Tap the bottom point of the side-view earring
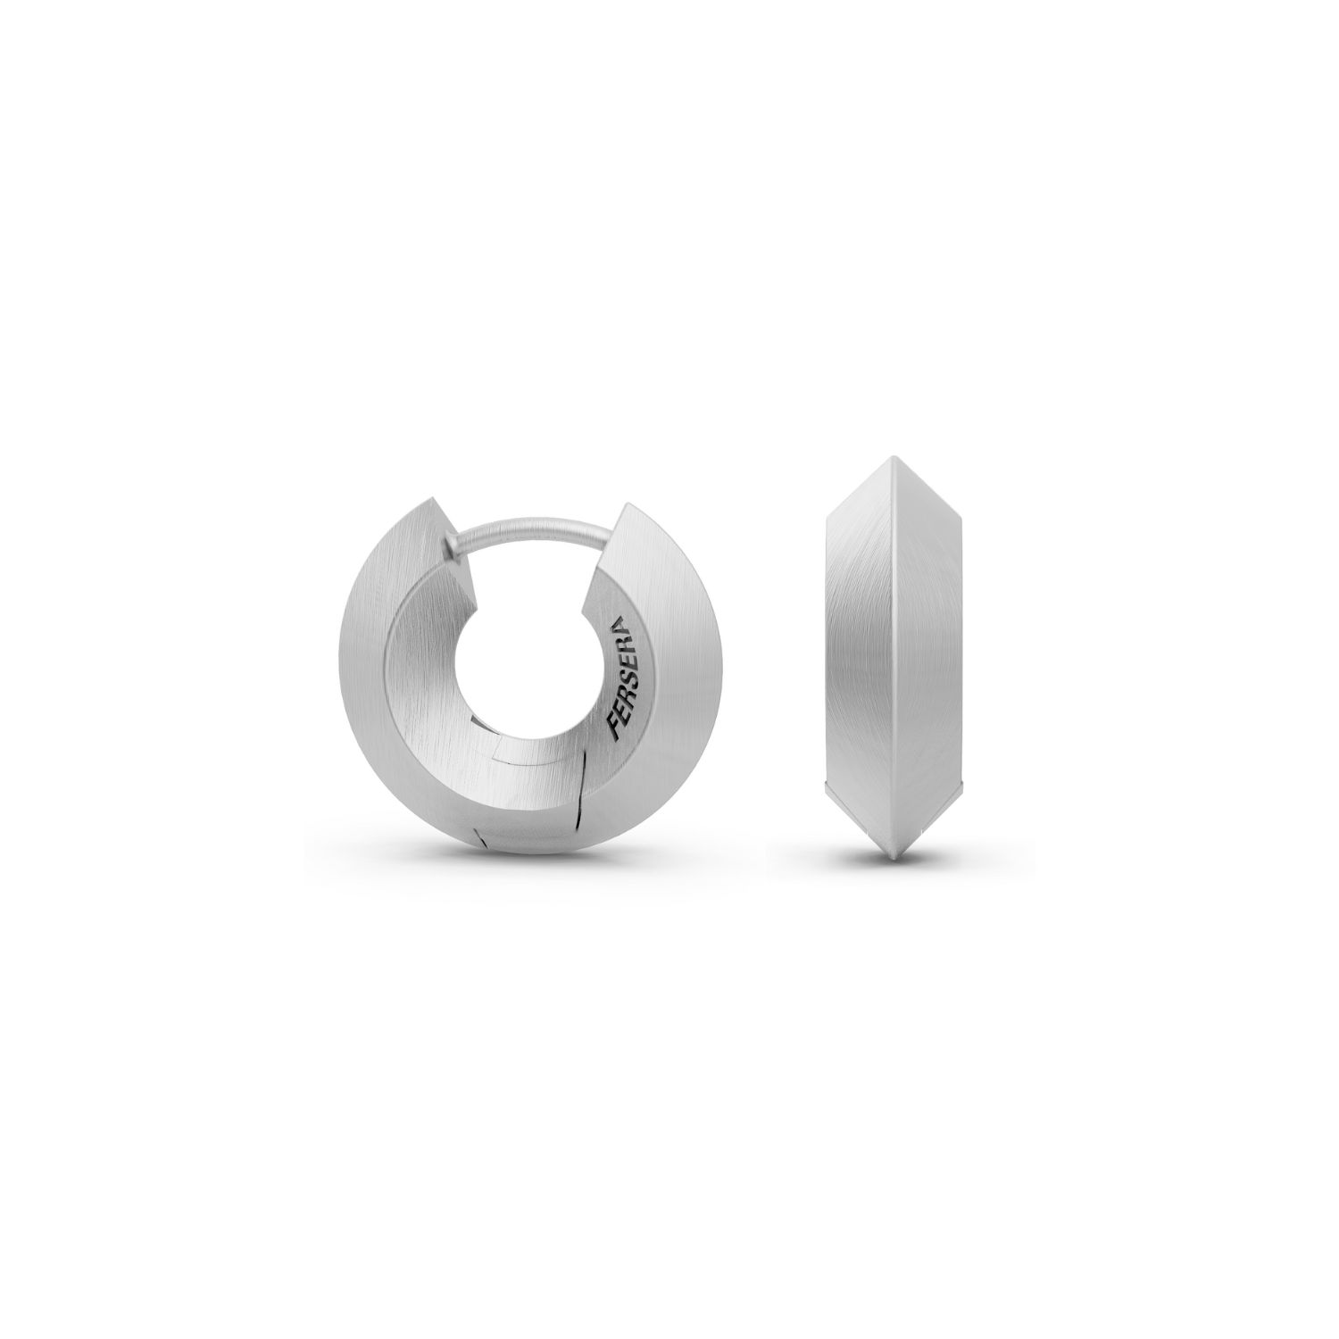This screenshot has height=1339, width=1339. coord(892,861)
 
